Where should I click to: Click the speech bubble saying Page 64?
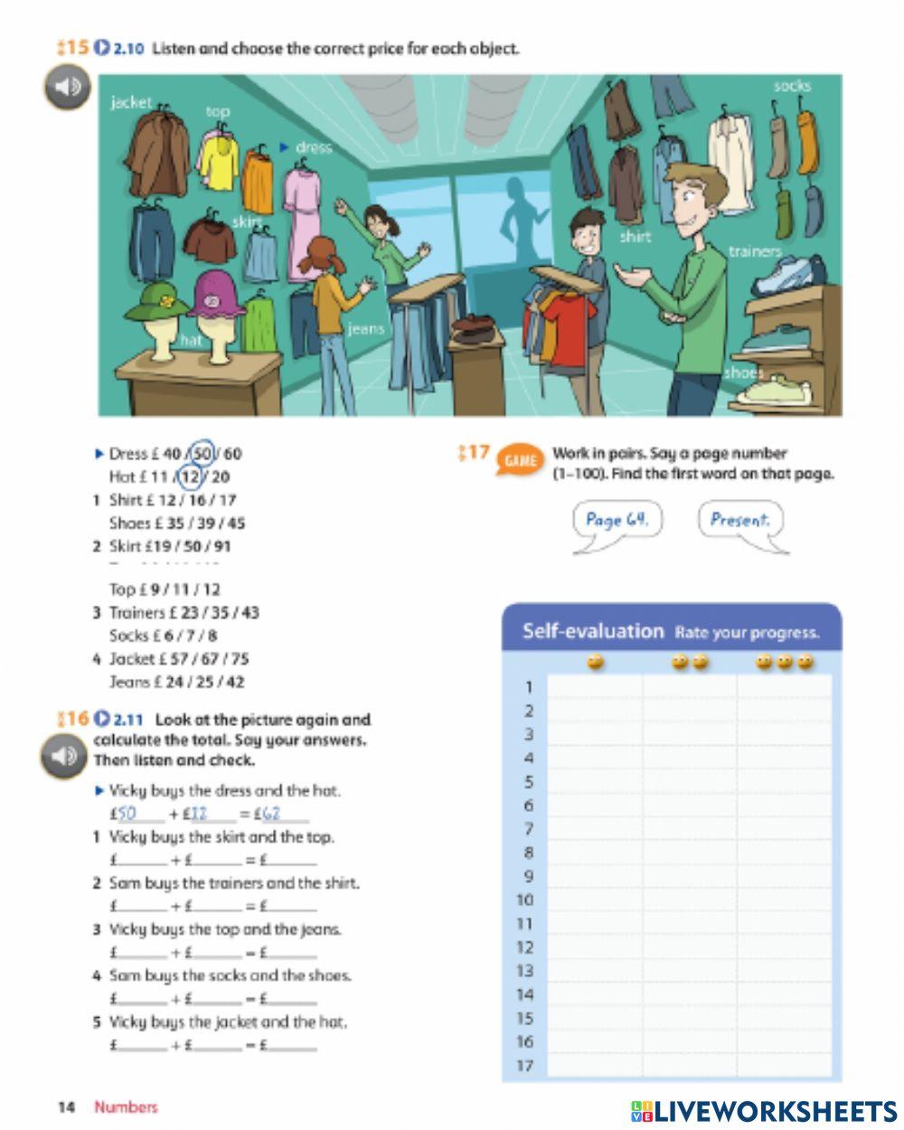tap(617, 521)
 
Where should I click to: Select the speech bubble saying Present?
tap(739, 521)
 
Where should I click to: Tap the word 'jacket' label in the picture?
tap(131, 102)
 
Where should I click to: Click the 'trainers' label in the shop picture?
tap(755, 251)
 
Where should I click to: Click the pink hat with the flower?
tap(217, 295)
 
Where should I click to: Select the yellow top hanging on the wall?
tap(218, 160)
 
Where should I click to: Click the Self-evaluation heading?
tap(593, 631)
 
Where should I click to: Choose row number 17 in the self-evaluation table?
tap(525, 1065)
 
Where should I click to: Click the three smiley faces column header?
tap(784, 663)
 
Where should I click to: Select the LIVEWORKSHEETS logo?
tap(764, 1111)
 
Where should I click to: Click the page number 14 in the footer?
tap(66, 1107)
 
